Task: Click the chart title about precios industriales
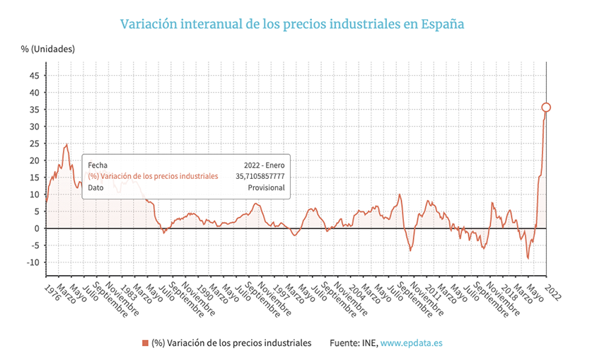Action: (x=292, y=24)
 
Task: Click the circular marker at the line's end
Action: (x=546, y=108)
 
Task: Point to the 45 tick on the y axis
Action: (x=34, y=76)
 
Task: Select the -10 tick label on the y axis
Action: (x=31, y=262)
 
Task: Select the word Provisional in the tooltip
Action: (x=266, y=188)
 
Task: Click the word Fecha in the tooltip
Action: (x=99, y=164)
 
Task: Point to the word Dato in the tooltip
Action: (x=96, y=188)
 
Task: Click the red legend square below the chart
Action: (x=145, y=343)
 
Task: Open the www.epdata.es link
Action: (x=412, y=343)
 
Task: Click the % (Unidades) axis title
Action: (x=47, y=49)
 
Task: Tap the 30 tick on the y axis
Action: (x=34, y=127)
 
